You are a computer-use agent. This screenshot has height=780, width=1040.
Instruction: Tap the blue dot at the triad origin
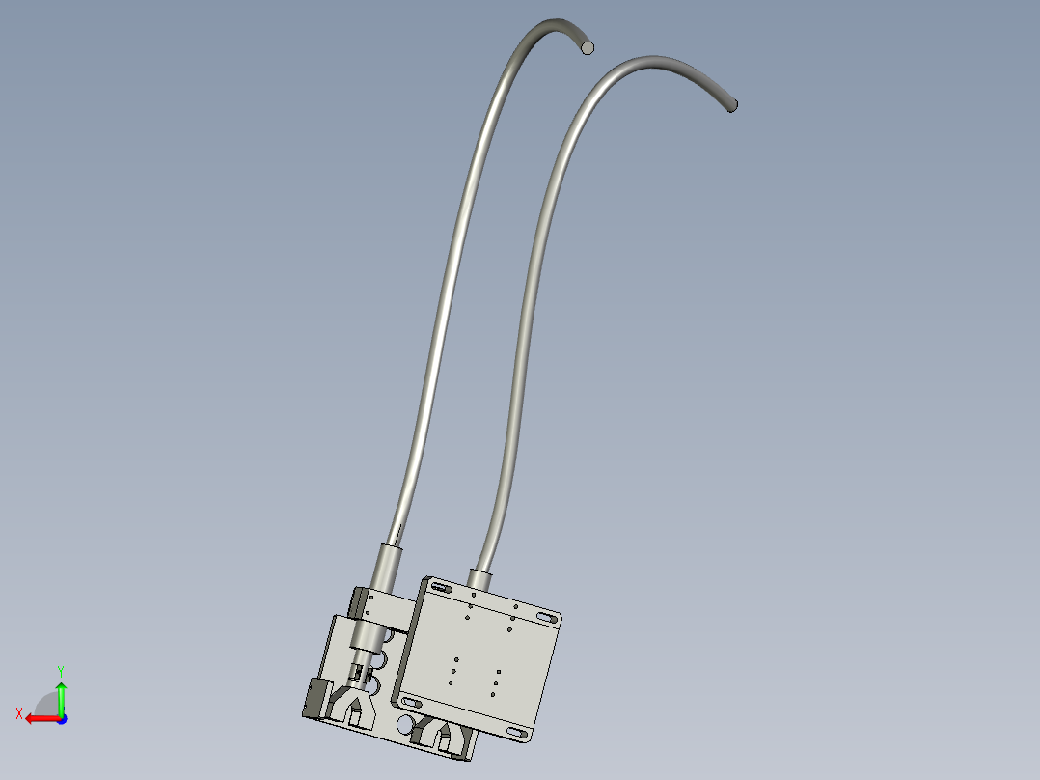click(61, 718)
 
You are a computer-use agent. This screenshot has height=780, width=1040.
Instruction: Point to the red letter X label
click(19, 713)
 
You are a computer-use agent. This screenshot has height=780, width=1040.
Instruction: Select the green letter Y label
click(60, 669)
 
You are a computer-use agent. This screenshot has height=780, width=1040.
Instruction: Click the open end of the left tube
click(587, 47)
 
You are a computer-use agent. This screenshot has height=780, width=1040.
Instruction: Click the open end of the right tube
click(732, 105)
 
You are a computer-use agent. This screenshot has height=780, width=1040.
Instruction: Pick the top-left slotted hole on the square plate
click(439, 588)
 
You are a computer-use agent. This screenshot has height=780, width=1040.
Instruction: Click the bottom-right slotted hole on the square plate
click(517, 734)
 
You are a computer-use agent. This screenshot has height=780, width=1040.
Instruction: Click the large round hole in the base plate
click(405, 722)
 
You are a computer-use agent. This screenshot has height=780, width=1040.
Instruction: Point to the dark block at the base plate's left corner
click(315, 697)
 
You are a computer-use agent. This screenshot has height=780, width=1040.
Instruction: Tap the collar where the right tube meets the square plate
click(480, 578)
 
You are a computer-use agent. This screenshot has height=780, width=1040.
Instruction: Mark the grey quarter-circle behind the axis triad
click(44, 702)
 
